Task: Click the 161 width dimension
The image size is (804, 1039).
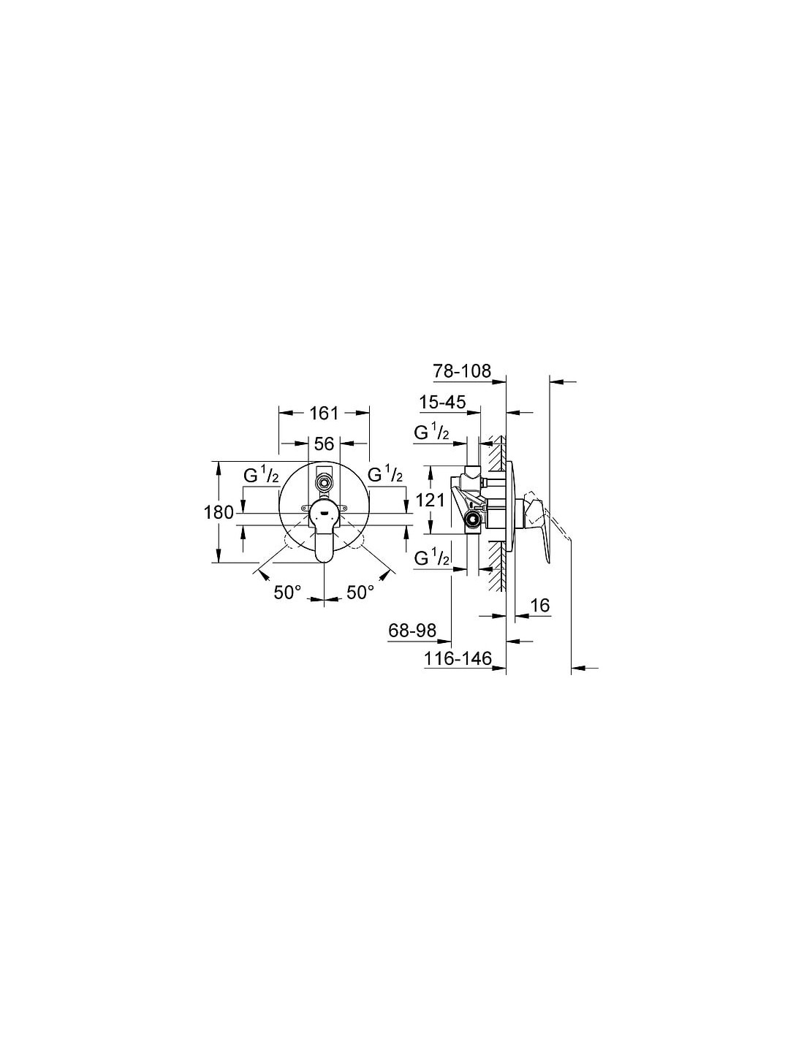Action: point(324,413)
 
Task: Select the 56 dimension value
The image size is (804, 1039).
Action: point(324,444)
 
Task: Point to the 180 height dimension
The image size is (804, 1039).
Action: point(219,513)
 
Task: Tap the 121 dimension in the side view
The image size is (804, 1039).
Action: point(430,500)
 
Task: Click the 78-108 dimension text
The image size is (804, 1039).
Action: point(461,370)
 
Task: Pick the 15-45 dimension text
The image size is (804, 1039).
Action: point(442,402)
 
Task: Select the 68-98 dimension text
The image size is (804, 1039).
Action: point(412,631)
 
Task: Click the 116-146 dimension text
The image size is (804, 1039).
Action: point(458,658)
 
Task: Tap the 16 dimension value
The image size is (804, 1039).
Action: point(540,605)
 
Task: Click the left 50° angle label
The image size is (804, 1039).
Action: point(288,593)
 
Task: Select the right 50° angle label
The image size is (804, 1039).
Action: point(360,593)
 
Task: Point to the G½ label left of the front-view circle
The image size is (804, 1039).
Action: point(261,475)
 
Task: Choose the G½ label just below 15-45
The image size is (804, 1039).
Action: point(432,433)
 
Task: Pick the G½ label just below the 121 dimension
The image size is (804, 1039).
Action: point(432,558)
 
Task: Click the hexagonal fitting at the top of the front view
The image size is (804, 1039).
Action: point(325,482)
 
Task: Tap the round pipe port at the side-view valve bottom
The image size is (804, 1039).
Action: point(474,519)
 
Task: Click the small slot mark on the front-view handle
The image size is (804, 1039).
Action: point(324,514)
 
